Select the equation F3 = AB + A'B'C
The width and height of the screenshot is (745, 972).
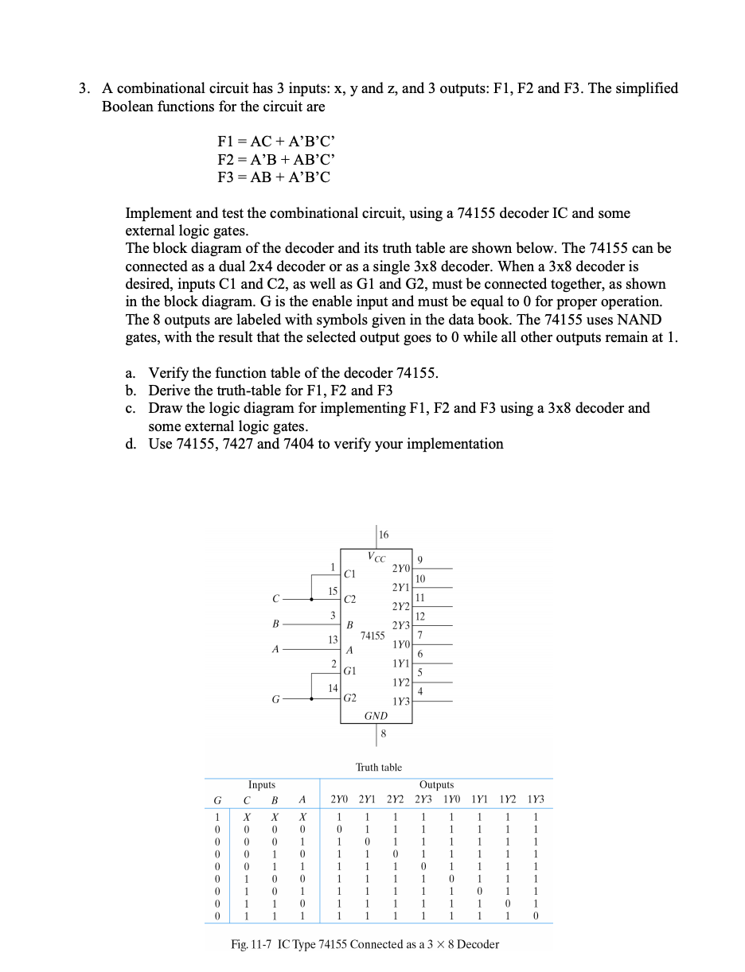coord(274,177)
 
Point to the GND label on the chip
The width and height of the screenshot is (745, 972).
coord(376,716)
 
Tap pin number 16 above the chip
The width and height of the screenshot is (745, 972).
coord(384,535)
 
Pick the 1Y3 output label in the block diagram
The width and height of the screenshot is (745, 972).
coord(400,702)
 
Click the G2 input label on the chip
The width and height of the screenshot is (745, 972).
coord(350,697)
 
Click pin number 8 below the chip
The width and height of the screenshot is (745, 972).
coord(383,733)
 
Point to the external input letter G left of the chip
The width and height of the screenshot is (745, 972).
coord(275,700)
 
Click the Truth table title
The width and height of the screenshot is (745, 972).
coord(379,768)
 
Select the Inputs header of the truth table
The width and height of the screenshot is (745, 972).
coord(262,785)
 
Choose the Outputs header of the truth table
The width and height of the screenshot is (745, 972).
coord(436,785)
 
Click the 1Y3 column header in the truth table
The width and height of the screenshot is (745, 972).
coord(536,799)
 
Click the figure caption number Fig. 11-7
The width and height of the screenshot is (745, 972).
coord(250,944)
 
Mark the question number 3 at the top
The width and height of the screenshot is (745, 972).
coord(84,88)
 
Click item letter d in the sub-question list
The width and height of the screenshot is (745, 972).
coord(131,444)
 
